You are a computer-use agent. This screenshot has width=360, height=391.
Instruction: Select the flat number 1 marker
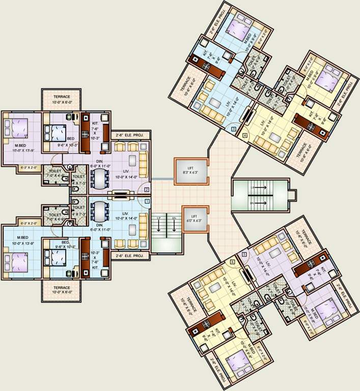(x=147, y=202)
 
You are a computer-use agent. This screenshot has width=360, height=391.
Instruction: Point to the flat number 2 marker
(x=147, y=190)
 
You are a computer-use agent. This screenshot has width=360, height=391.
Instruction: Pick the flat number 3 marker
(x=233, y=129)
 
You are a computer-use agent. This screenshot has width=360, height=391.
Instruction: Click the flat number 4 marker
(x=245, y=135)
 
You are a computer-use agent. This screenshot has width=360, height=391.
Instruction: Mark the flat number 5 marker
(x=244, y=254)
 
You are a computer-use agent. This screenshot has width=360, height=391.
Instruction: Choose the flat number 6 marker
(x=233, y=262)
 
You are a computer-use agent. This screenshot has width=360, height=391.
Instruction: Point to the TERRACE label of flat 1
(x=61, y=290)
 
